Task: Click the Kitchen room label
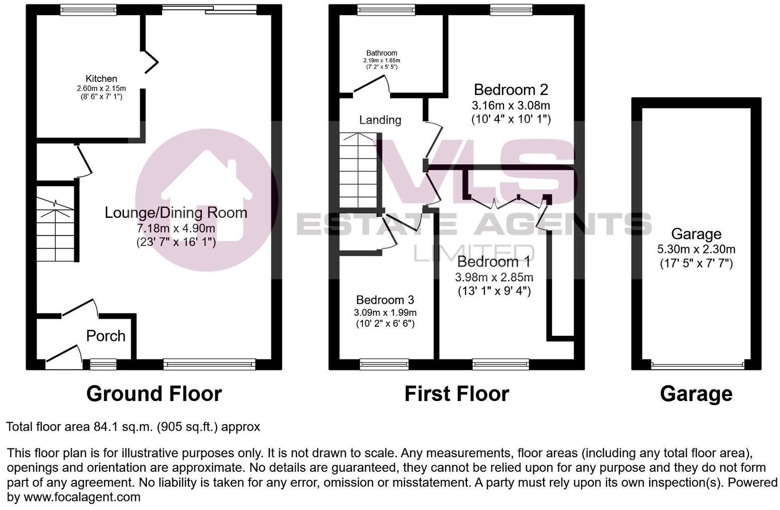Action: [101, 79]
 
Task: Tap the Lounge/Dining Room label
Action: [176, 212]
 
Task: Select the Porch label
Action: [105, 336]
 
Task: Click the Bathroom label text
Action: [381, 53]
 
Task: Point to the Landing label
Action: [380, 120]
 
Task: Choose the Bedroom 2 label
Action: [511, 90]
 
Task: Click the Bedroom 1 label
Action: [494, 262]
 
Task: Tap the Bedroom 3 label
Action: [385, 300]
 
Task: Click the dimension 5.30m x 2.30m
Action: [696, 249]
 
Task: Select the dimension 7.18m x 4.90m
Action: [176, 228]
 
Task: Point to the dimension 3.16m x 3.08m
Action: [511, 105]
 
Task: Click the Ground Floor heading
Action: [154, 394]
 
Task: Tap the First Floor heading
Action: [457, 394]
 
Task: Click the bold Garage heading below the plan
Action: [696, 394]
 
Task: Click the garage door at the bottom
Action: [696, 364]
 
